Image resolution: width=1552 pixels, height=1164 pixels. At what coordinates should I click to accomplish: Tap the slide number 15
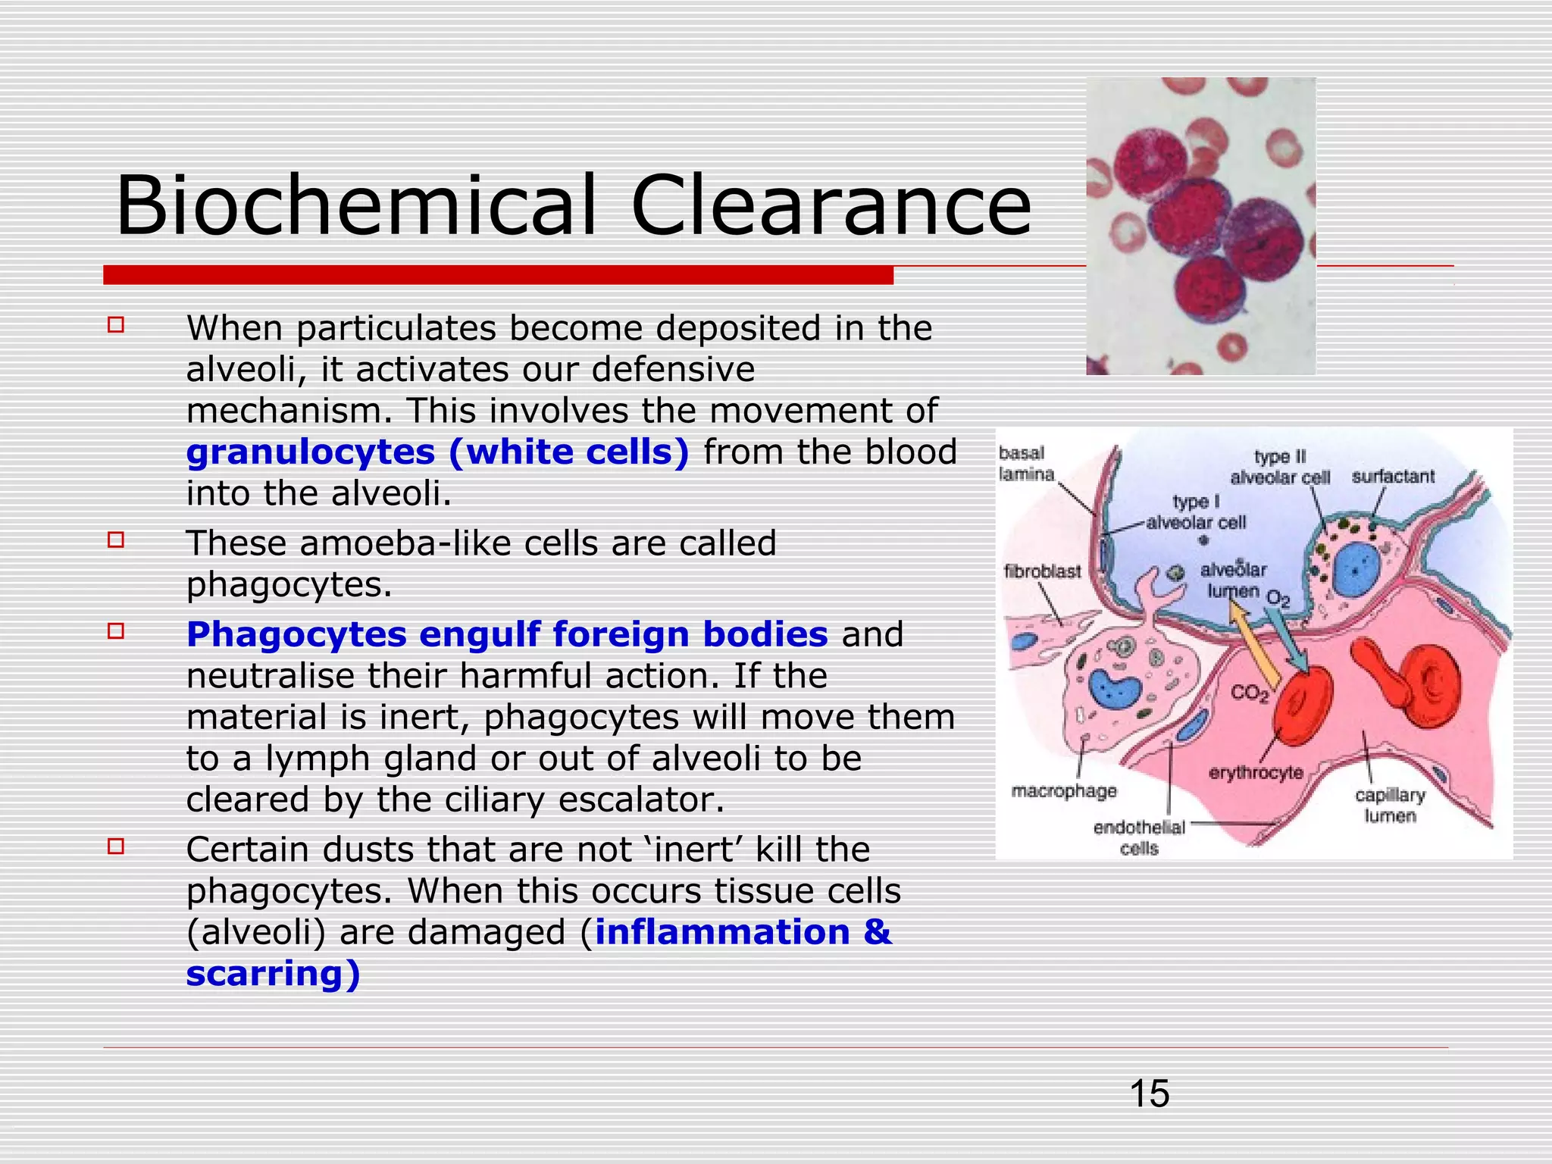tap(1149, 1094)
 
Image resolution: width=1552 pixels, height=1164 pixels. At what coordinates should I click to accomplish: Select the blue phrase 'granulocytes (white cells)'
tap(438, 452)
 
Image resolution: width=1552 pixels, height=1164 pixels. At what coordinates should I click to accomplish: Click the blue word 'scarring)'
tap(273, 974)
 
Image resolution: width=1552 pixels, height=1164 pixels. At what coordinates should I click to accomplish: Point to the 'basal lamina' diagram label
tap(1025, 464)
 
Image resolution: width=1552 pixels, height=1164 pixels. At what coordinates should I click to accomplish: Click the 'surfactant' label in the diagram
tap(1393, 477)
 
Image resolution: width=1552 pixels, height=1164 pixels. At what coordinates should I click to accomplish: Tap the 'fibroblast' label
tap(1042, 571)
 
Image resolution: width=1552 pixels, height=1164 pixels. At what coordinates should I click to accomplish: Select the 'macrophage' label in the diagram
tap(1064, 791)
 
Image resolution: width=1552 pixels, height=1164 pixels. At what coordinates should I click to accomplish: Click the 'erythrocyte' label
tap(1256, 773)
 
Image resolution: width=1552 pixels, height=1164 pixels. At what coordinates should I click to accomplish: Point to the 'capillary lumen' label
tap(1390, 806)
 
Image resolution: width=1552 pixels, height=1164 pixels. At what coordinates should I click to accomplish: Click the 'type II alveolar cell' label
tap(1280, 467)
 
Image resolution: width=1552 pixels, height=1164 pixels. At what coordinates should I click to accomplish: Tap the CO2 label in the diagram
tap(1249, 693)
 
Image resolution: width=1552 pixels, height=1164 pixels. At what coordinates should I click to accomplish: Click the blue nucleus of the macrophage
tap(1114, 688)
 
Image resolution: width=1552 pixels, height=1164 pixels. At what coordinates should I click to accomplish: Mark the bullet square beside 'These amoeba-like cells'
tap(116, 540)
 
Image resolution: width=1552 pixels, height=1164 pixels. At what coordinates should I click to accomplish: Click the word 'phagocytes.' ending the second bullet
tap(289, 585)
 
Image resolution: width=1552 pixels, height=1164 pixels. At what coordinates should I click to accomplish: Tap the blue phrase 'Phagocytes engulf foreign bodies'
tap(507, 634)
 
